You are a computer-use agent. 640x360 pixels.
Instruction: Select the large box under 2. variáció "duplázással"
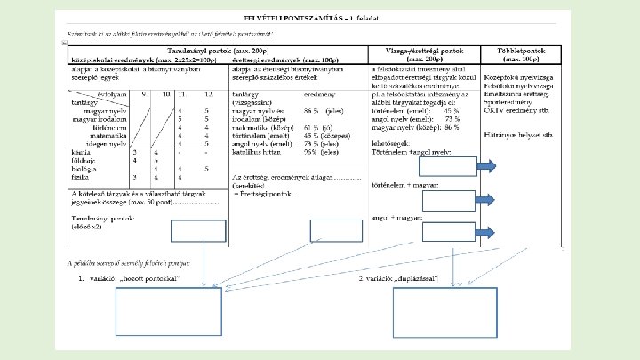(x=427, y=310)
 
